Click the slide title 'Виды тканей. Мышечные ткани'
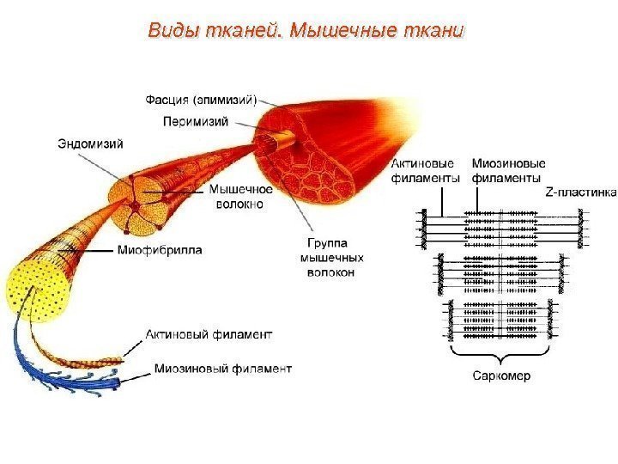[306, 32]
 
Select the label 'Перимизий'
[196, 121]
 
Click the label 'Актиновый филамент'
[209, 333]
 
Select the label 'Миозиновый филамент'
[222, 369]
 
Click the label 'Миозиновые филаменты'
[508, 171]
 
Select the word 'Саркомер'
[501, 375]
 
